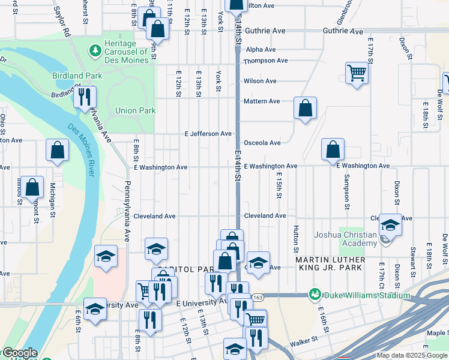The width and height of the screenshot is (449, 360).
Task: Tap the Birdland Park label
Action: click(77, 76)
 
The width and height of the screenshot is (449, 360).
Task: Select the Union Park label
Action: click(136, 110)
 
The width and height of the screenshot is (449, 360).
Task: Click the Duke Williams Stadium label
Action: click(367, 295)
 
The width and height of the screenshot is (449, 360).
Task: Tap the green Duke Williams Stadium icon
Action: click(315, 295)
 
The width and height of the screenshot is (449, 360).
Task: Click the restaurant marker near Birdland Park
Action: click(85, 96)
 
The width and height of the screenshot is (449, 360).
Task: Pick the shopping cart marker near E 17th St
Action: click(357, 74)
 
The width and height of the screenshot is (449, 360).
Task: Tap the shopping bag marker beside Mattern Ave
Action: click(306, 109)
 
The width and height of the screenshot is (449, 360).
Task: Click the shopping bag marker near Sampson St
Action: click(333, 149)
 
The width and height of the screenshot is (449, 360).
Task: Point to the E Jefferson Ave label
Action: click(208, 134)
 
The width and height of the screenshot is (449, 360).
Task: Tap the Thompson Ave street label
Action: click(265, 61)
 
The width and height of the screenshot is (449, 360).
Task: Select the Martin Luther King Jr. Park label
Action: click(330, 263)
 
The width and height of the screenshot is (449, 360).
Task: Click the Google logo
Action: click(19, 353)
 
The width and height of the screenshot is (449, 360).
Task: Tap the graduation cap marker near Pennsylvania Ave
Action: click(106, 256)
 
